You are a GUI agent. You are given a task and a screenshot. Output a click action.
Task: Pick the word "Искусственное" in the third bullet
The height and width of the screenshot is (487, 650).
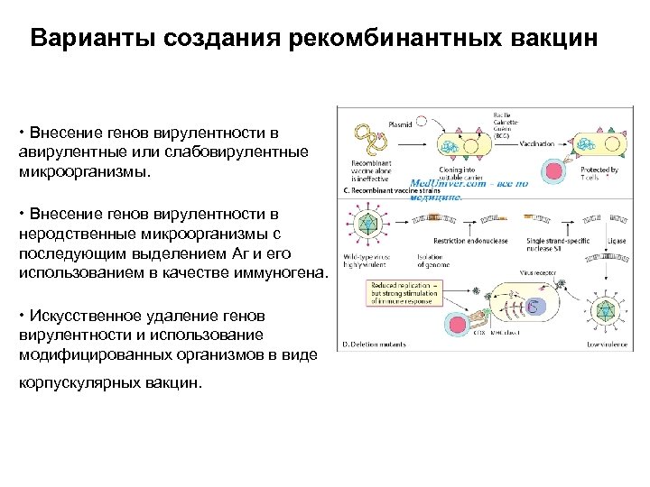point(84,317)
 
